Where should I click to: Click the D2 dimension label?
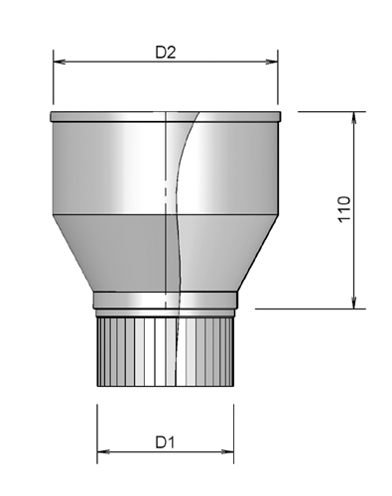[166, 54]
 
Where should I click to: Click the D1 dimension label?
[165, 441]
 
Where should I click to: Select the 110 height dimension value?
[343, 210]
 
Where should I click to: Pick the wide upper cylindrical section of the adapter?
[109, 169]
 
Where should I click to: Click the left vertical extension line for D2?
[52, 84]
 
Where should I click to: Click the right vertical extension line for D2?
[278, 84]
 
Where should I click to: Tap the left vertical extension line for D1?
[96, 427]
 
